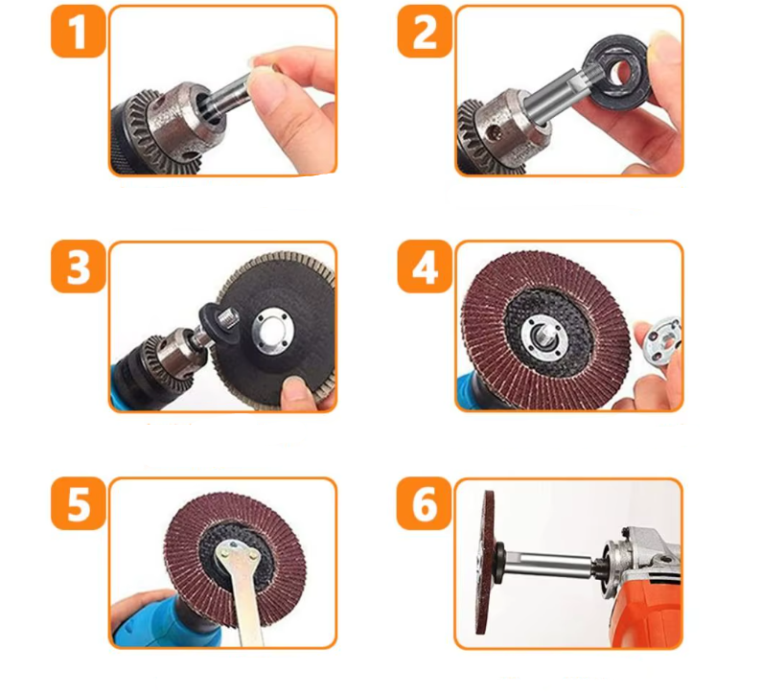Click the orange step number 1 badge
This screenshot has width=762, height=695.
[79, 32]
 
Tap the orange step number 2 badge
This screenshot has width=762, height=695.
[425, 32]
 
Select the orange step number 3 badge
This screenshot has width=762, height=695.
[79, 266]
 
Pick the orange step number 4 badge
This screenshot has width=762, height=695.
[425, 266]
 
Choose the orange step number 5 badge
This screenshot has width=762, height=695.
[79, 503]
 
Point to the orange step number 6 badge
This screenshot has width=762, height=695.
[425, 503]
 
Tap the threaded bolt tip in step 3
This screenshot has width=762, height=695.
[228, 320]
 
